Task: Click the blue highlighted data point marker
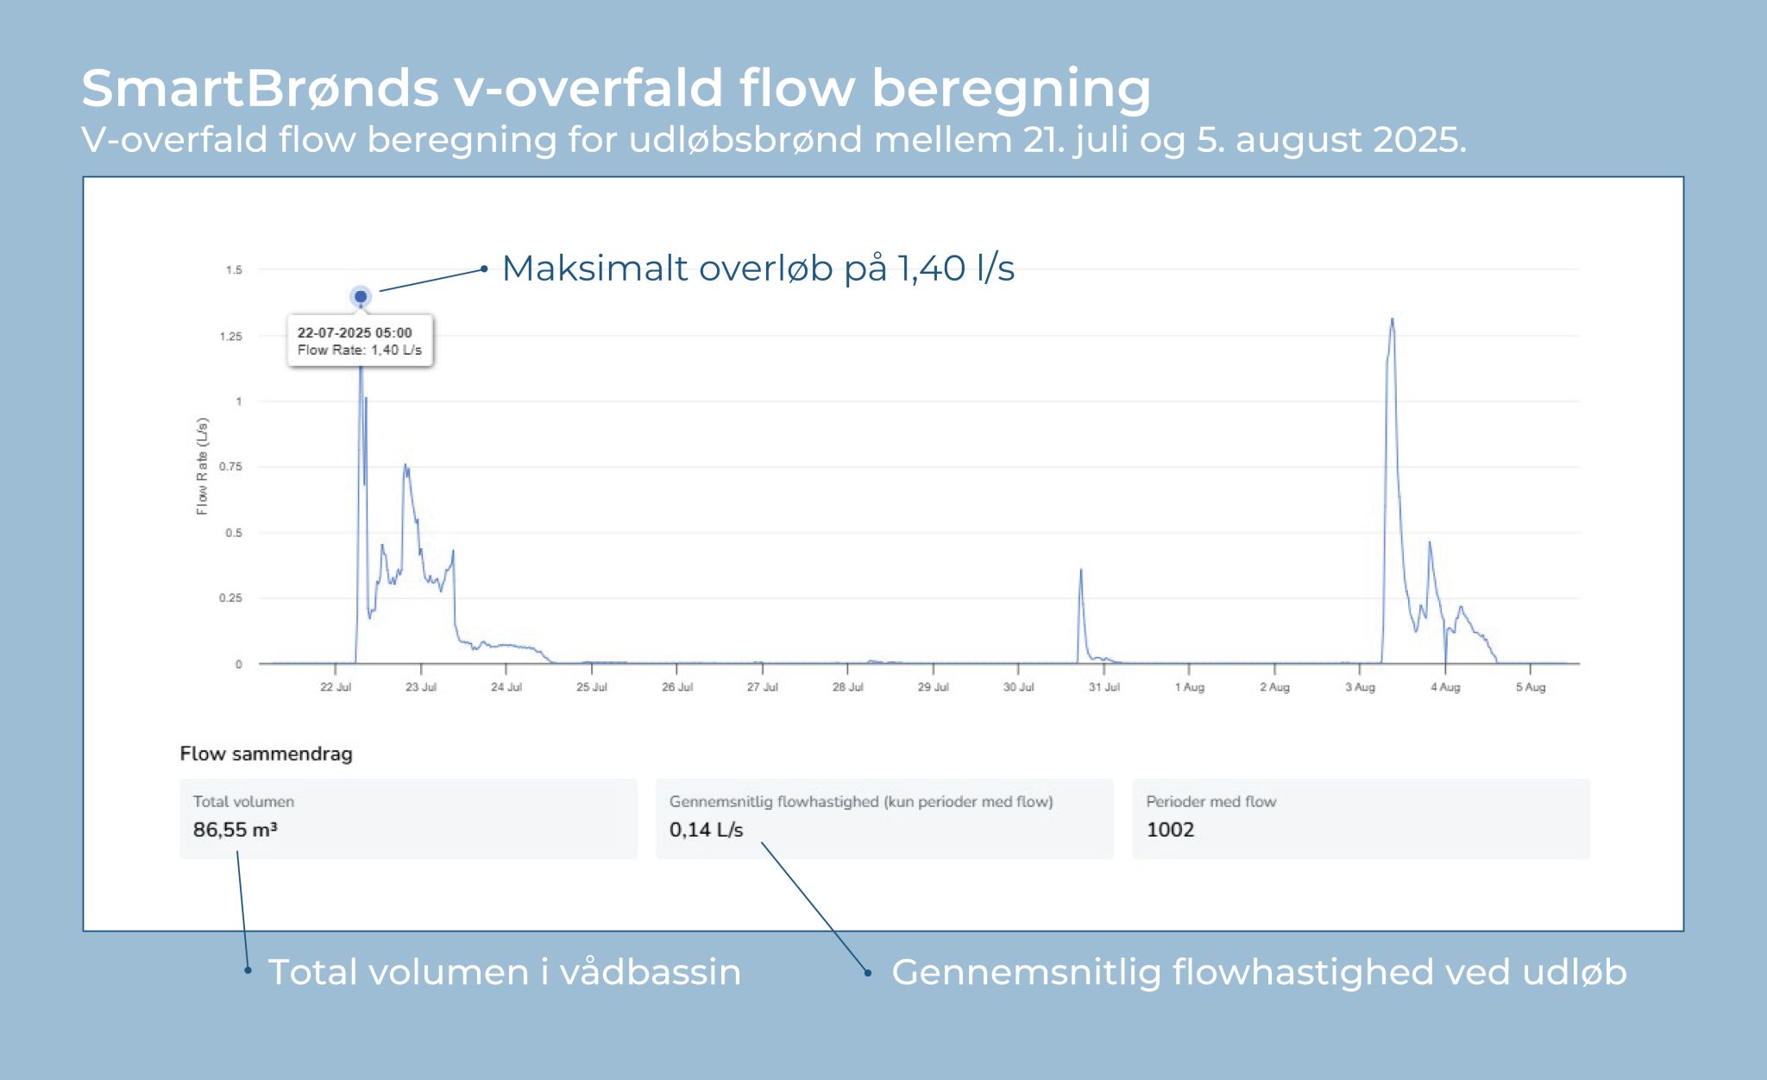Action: point(361,297)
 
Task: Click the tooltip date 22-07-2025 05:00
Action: point(355,332)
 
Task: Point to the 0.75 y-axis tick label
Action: point(230,466)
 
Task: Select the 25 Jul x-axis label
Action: point(592,687)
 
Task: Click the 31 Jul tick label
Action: point(1104,687)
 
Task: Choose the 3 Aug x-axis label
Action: point(1360,687)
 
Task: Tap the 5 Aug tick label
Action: point(1530,687)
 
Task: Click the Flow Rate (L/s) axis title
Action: point(202,466)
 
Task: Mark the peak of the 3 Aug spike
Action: point(1392,320)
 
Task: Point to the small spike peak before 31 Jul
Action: point(1081,571)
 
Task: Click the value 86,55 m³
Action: point(235,830)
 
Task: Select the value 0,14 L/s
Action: point(706,830)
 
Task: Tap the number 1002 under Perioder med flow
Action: point(1170,830)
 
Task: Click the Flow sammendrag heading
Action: point(266,754)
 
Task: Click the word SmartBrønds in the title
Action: point(260,88)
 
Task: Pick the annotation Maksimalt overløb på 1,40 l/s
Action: point(758,268)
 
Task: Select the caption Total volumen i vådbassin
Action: point(505,972)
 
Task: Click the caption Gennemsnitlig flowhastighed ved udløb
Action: point(1258,972)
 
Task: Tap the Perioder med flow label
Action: point(1210,801)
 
